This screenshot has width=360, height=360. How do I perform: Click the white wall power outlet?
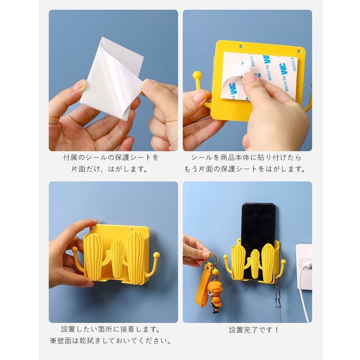coord(304,266)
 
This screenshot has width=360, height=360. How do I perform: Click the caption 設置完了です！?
coord(254,330)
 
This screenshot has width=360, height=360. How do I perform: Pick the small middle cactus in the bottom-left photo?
coord(116,258)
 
